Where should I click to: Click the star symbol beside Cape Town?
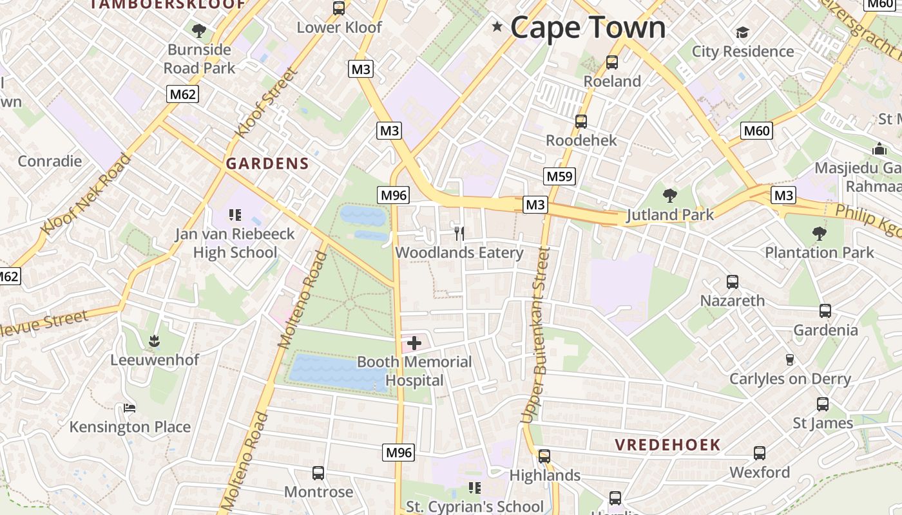tap(497, 27)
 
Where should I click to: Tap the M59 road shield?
tap(559, 176)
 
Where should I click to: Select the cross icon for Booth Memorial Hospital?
tap(414, 344)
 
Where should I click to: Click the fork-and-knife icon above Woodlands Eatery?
tap(459, 233)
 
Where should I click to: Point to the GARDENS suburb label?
tap(267, 164)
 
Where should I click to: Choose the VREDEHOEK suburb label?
tap(667, 445)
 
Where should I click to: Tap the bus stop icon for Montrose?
tap(318, 473)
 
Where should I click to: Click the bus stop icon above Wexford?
tap(760, 453)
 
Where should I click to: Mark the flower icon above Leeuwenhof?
tap(154, 341)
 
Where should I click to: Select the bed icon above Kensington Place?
tap(130, 408)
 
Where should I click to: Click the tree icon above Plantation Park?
tap(819, 233)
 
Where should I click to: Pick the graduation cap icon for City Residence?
tap(742, 32)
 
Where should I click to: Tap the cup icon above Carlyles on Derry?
tap(789, 360)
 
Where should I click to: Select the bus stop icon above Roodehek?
tap(581, 121)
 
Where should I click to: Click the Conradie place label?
tap(50, 161)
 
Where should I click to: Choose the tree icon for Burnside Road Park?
tap(199, 30)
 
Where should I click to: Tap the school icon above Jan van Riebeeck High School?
tap(235, 214)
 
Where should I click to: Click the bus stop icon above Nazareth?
tap(733, 281)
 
